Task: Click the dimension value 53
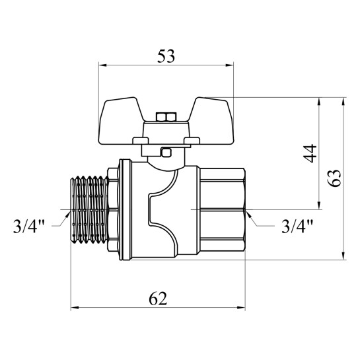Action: (166, 56)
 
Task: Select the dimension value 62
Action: (158, 299)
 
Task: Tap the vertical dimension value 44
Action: (310, 153)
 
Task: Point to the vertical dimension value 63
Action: (334, 178)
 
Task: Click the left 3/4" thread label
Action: (29, 227)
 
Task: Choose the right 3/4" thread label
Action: (297, 227)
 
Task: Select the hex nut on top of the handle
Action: (166, 117)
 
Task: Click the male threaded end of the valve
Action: (89, 209)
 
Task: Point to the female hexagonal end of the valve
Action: (222, 210)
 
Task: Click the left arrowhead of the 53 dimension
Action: (102, 65)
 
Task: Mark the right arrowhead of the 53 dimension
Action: (230, 65)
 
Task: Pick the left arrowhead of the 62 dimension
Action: (75, 308)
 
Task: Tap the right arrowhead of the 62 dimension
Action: (241, 308)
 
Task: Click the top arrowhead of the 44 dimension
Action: (318, 102)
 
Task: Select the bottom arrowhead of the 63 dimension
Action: (343, 256)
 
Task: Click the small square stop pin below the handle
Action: (166, 153)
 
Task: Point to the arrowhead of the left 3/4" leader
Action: (68, 213)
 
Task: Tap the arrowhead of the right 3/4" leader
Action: (248, 213)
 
